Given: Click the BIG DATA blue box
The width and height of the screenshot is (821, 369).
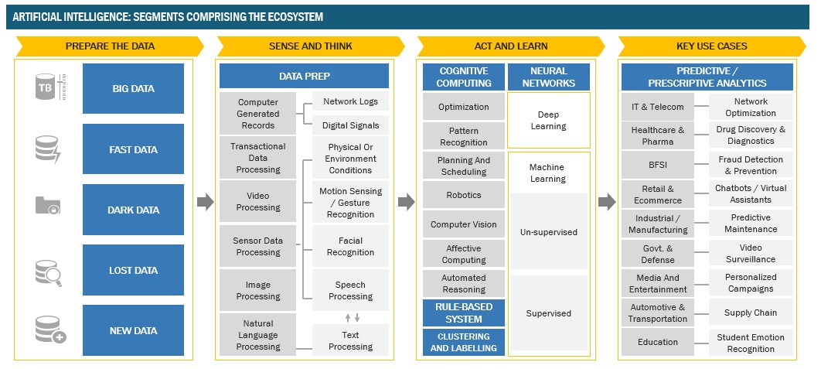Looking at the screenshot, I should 133,88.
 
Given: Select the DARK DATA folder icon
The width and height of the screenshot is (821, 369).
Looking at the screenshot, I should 48,207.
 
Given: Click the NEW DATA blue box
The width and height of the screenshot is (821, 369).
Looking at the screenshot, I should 133,330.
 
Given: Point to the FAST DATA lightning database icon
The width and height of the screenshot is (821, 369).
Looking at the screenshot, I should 48,149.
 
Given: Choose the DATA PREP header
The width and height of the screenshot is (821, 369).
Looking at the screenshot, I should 304,76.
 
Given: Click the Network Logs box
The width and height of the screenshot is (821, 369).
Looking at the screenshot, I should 350,101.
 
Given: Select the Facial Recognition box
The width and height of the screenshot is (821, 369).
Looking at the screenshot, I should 350,246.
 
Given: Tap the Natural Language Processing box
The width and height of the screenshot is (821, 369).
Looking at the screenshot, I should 258,335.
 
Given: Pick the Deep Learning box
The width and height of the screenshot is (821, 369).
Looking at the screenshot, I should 548,120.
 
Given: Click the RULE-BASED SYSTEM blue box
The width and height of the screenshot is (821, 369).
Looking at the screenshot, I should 464,313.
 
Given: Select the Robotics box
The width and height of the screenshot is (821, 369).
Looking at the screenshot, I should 464,195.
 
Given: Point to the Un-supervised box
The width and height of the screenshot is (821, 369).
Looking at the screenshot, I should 548,231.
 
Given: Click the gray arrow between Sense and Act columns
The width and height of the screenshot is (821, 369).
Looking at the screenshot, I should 406,202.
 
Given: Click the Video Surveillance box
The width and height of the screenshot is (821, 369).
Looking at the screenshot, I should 750,253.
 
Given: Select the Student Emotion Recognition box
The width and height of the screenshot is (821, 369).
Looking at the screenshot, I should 750,343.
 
